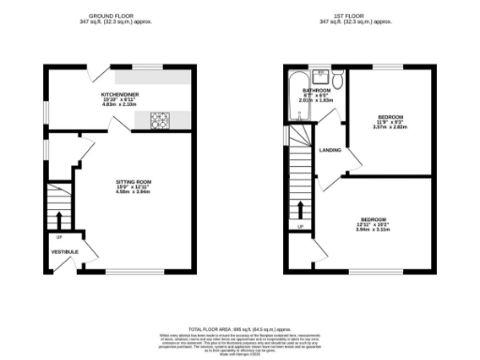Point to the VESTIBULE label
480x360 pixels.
pyautogui.click(x=63, y=252)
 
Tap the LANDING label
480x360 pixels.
pyautogui.click(x=330, y=150)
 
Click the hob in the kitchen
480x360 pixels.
pyautogui.click(x=160, y=119)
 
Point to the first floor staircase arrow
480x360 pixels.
pyautogui.click(x=300, y=208)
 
